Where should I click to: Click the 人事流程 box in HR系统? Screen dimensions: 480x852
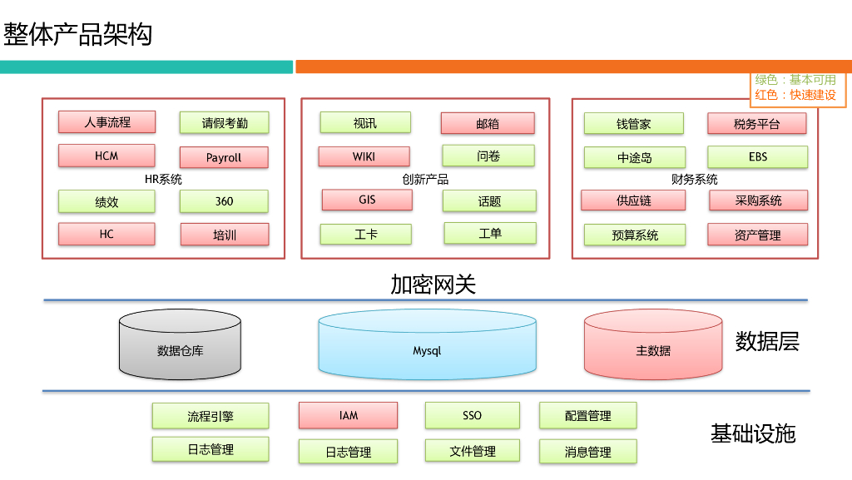coord(106,121)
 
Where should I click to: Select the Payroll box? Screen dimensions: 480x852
coord(224,157)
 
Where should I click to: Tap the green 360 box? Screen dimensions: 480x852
coord(224,201)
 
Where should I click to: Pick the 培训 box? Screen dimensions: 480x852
coord(224,235)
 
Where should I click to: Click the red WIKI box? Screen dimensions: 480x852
coord(364,156)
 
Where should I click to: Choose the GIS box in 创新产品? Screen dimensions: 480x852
coord(367,200)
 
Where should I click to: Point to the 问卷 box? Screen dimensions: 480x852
coord(488,156)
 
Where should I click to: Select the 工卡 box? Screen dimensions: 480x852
coord(365,235)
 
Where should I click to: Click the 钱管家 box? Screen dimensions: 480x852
coord(633,124)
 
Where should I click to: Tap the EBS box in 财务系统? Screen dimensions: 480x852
coord(757,156)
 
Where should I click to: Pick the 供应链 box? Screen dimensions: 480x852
coord(633,200)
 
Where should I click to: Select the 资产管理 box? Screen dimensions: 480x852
coord(757,235)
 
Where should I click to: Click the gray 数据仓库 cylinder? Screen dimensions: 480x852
coord(180,350)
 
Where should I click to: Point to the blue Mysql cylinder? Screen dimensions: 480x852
coord(427,350)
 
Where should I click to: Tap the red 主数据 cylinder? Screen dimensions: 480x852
coord(653,350)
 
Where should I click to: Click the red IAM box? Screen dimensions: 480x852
coord(348,415)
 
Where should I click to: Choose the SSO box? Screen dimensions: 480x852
coord(472,415)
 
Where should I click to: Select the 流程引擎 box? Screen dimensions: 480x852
coord(210,416)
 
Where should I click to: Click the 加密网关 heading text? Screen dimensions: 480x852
coord(433,285)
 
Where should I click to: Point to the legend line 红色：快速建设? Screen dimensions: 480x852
coord(795,95)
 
